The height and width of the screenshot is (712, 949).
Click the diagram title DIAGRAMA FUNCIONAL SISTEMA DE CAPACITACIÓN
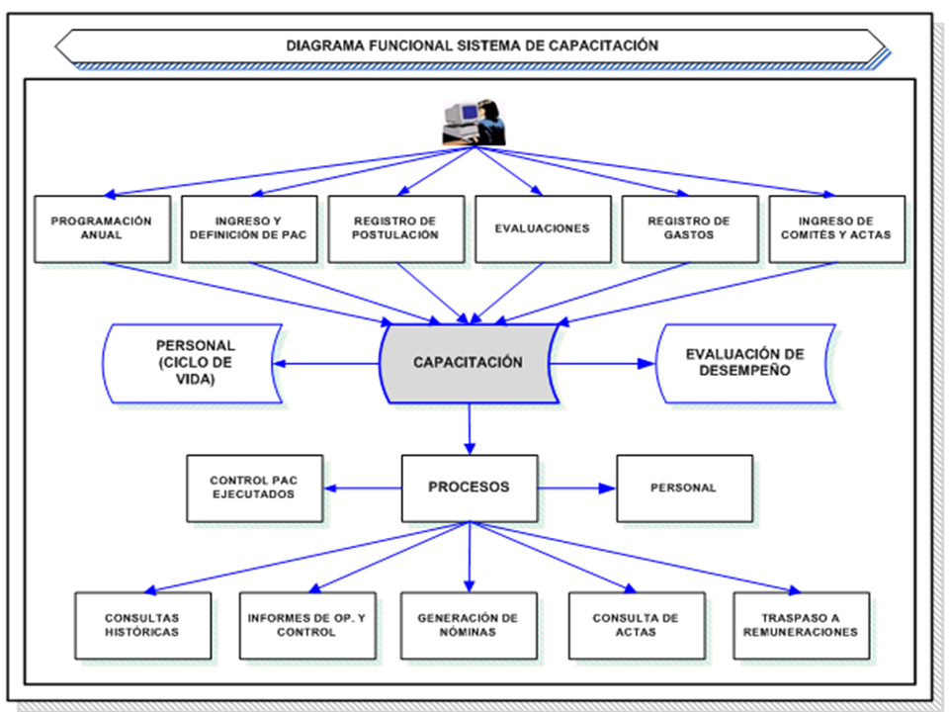tap(472, 45)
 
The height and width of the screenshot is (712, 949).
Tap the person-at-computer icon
tap(473, 124)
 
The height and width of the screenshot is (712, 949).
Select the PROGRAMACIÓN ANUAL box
tap(102, 228)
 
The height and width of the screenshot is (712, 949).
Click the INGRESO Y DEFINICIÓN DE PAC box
tap(249, 228)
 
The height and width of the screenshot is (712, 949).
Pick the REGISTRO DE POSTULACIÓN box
tap(395, 228)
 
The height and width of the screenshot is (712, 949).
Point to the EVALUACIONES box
tap(542, 228)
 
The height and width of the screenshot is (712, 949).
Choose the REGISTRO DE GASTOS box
tap(689, 228)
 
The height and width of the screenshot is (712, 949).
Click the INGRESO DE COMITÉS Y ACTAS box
tap(836, 228)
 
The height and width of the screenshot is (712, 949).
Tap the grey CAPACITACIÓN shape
tap(468, 363)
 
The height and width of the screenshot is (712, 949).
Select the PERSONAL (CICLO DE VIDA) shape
tap(194, 363)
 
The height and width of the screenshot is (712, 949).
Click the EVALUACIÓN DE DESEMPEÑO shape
tap(745, 363)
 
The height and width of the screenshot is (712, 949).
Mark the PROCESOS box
tap(469, 488)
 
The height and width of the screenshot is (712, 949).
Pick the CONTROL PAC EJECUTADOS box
tap(254, 488)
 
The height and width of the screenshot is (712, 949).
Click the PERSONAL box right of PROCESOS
tap(684, 488)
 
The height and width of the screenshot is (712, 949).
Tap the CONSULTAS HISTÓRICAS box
tap(142, 625)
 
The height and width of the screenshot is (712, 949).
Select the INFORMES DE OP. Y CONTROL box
tap(306, 625)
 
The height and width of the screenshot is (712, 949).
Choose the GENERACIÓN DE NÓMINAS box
tap(469, 625)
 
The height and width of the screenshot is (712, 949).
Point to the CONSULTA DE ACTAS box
tap(636, 625)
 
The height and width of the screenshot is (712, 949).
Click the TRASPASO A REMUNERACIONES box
tap(801, 625)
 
